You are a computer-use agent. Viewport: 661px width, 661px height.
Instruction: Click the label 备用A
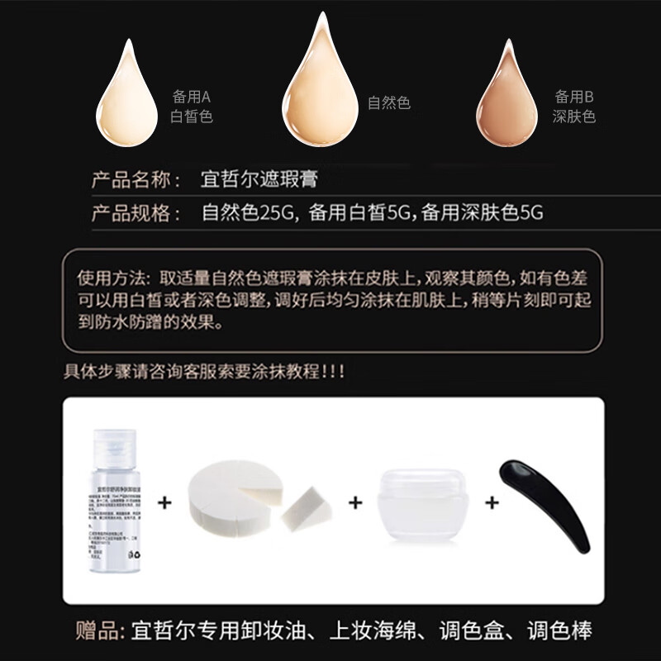[192, 96]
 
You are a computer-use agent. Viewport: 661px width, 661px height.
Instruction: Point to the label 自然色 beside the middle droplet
[388, 103]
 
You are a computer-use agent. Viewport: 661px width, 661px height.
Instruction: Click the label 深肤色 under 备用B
[573, 117]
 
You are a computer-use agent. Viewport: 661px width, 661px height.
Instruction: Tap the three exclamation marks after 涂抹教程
[333, 372]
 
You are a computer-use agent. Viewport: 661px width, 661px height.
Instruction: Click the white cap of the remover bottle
[113, 447]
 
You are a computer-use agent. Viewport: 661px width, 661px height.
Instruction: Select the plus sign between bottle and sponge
[166, 502]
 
